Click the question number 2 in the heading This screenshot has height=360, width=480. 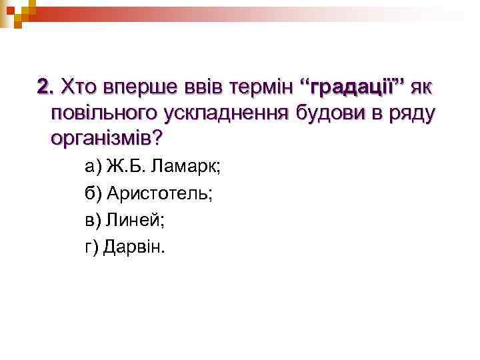click(44, 87)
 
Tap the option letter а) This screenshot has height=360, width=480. click(93, 167)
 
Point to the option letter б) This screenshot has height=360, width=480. click(93, 194)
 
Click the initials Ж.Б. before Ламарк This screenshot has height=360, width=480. click(129, 167)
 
